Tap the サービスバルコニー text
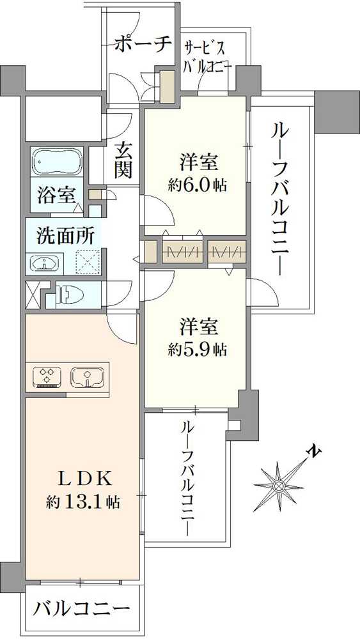[207, 56]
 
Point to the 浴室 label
[56, 196]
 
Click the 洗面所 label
[66, 235]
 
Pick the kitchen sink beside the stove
[86, 377]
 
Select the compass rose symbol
[279, 486]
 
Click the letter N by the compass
[313, 452]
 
